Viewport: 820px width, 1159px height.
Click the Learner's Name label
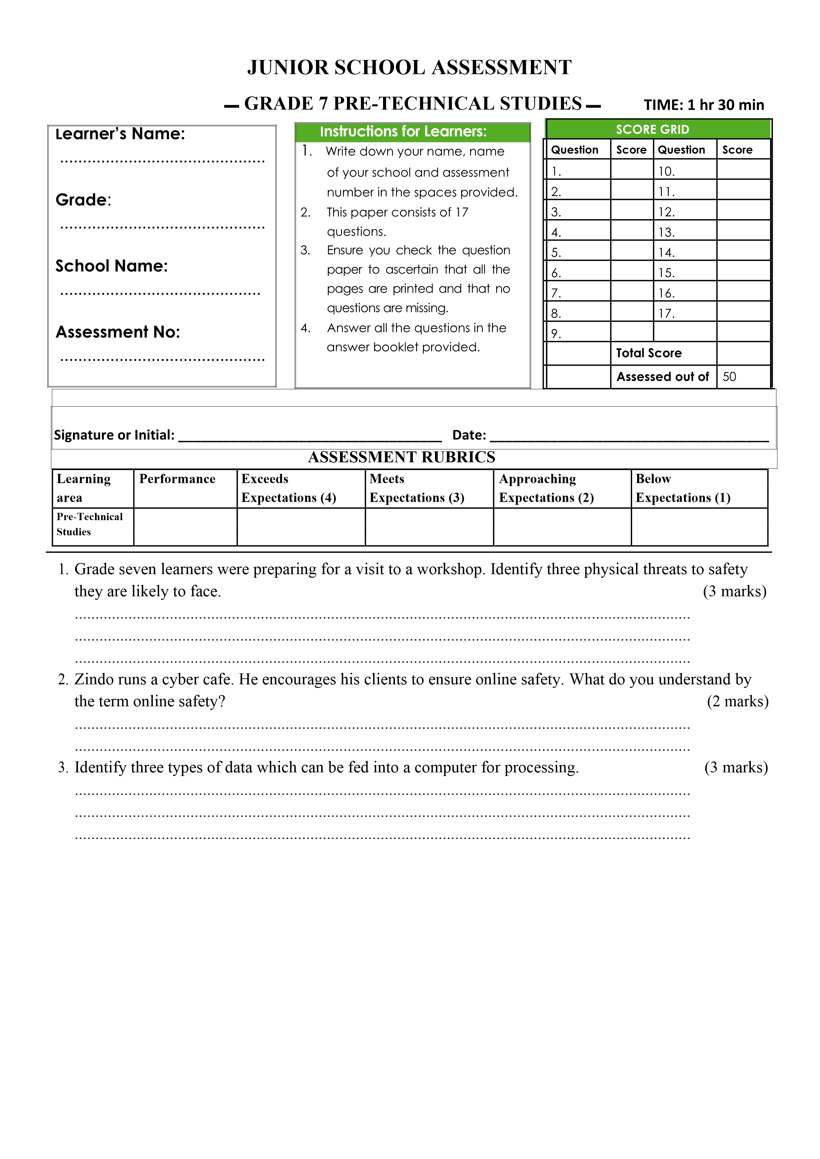click(x=120, y=134)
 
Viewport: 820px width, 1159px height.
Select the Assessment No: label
click(x=118, y=332)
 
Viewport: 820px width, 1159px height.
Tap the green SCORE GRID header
click(x=652, y=130)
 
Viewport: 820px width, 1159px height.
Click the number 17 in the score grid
click(x=666, y=314)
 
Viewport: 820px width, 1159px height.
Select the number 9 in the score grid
click(x=555, y=334)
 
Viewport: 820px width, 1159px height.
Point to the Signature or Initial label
click(x=114, y=435)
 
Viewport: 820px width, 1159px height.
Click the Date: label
click(x=469, y=435)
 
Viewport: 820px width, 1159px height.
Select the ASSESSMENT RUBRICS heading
click(x=402, y=457)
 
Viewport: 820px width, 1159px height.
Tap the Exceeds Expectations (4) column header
click(x=288, y=488)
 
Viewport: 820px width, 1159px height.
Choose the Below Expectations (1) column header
click(x=683, y=488)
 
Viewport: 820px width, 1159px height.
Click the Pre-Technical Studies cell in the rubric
click(x=89, y=524)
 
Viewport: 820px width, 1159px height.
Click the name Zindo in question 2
click(x=94, y=680)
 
